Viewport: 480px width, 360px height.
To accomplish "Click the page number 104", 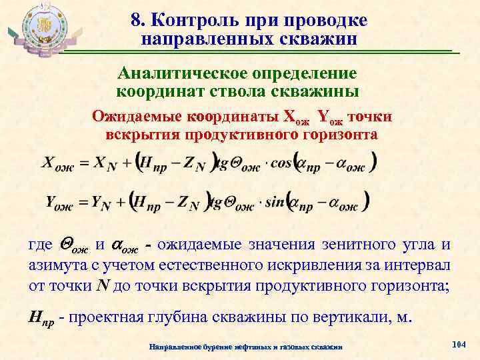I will pos(458,344).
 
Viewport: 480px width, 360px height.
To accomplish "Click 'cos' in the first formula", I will pos(273,164).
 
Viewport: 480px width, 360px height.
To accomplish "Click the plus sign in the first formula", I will pos(121,163).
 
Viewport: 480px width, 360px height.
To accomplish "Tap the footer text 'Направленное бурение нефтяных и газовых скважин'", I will pos(246,347).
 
